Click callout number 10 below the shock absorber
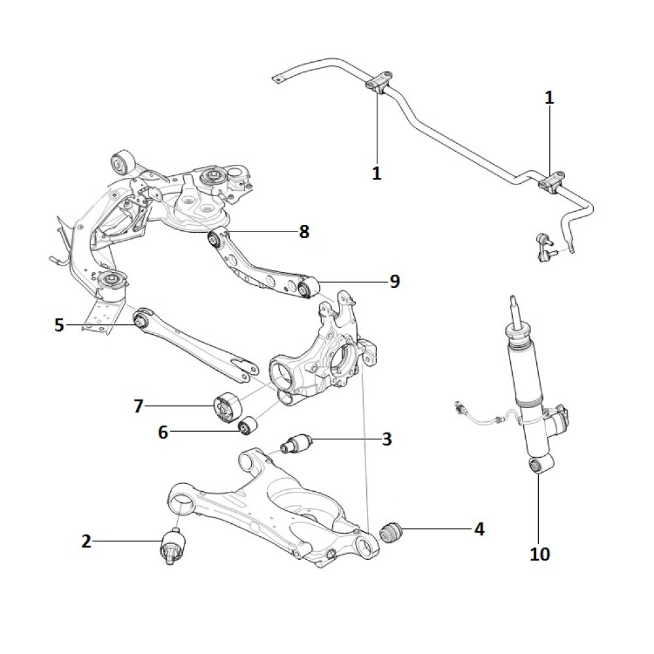click(540, 554)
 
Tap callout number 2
click(86, 541)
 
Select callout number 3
click(387, 439)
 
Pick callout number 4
click(479, 529)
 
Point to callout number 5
click(60, 324)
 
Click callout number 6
click(163, 432)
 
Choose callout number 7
click(138, 406)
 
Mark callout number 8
click(303, 232)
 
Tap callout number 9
click(394, 281)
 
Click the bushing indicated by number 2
click(173, 545)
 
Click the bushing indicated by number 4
click(393, 531)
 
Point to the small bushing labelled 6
click(247, 426)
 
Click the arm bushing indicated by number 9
click(305, 287)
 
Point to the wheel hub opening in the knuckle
click(345, 359)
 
